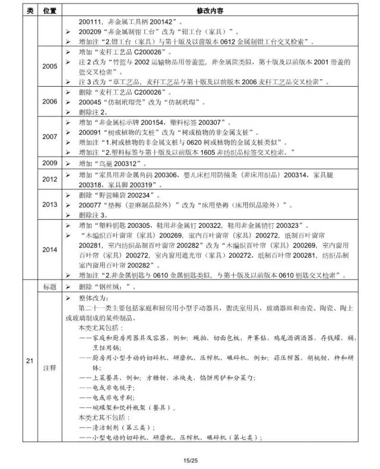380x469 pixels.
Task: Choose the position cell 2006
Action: point(50,102)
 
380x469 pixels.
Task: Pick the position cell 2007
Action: point(50,137)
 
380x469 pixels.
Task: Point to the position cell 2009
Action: point(50,163)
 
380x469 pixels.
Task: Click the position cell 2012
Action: point(50,179)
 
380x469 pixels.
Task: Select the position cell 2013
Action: point(50,204)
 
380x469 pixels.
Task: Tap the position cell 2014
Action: point(50,249)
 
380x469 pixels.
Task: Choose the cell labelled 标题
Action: point(50,286)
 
